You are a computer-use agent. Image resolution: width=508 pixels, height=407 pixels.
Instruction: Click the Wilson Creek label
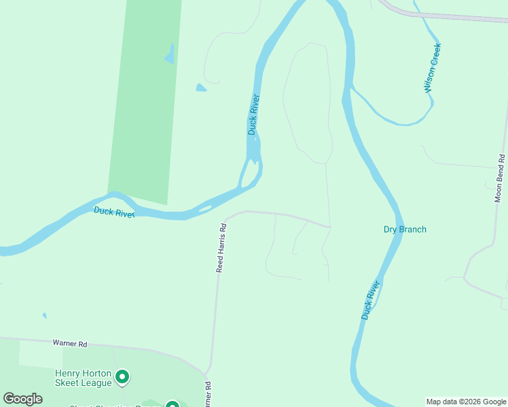433,68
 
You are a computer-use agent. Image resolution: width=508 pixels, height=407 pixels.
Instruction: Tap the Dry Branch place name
405,229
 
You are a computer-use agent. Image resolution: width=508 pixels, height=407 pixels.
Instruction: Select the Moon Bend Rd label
498,177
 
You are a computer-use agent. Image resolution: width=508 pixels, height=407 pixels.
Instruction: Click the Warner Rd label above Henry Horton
70,344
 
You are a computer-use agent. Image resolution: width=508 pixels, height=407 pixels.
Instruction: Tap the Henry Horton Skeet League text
83,379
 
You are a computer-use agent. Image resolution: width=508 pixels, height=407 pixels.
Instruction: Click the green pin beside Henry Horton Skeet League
122,375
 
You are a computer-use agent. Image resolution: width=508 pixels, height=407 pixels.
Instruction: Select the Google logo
23,399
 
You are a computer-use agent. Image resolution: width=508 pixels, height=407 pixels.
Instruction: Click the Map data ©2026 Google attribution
466,402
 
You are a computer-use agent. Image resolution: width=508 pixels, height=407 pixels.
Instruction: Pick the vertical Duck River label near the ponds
253,114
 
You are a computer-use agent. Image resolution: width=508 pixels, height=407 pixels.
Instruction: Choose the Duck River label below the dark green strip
114,212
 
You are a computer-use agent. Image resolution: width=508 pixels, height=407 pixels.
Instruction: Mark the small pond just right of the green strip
200,88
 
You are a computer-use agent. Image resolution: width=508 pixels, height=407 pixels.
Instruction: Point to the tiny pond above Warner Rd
44,315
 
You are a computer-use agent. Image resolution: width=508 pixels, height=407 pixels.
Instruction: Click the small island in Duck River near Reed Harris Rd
204,209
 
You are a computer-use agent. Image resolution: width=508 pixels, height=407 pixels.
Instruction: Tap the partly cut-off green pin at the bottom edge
173,404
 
